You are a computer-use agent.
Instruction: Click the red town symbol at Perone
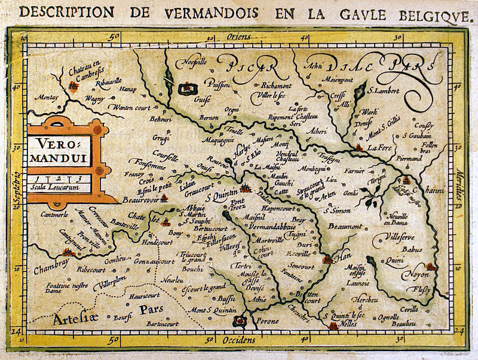tap(240, 321)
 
